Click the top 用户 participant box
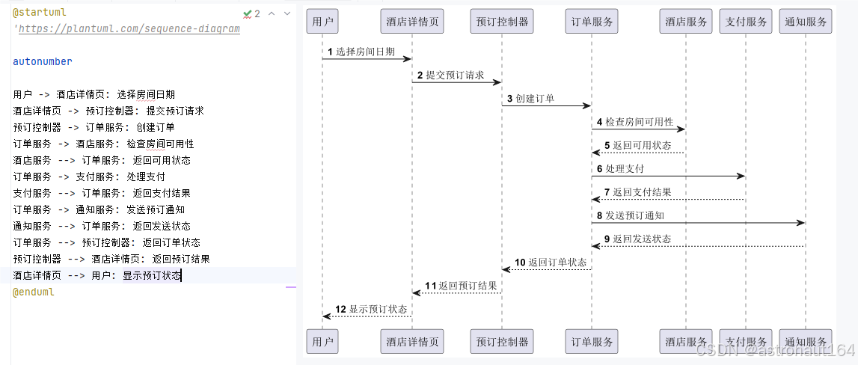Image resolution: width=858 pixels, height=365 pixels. coord(322,22)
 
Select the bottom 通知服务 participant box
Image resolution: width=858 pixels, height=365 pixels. coord(806,342)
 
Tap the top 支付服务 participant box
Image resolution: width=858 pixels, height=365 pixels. coord(746,22)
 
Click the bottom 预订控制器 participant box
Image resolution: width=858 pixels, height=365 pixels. coord(502,342)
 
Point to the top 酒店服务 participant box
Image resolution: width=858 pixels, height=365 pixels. coord(686,22)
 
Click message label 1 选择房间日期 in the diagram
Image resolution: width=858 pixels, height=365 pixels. coord(361,52)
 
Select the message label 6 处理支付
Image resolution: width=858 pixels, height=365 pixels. coord(620,168)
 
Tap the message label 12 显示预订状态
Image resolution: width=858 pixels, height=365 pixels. coord(371,309)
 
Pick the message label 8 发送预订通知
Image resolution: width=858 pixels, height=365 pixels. coord(631,215)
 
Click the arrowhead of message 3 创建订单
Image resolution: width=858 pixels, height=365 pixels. coord(587,105)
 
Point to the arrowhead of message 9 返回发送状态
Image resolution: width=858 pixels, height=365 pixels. coord(596,246)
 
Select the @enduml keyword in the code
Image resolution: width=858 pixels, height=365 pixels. coord(34,292)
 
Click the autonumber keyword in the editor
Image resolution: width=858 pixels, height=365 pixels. coord(43,61)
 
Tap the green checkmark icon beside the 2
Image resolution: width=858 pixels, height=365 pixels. coord(248,13)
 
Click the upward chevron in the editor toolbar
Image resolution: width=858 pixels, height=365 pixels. coord(272,13)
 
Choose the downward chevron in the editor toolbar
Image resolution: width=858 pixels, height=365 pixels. coord(287,13)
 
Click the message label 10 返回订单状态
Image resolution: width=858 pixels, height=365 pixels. coord(551,263)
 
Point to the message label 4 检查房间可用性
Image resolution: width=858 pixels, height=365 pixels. coord(634,122)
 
